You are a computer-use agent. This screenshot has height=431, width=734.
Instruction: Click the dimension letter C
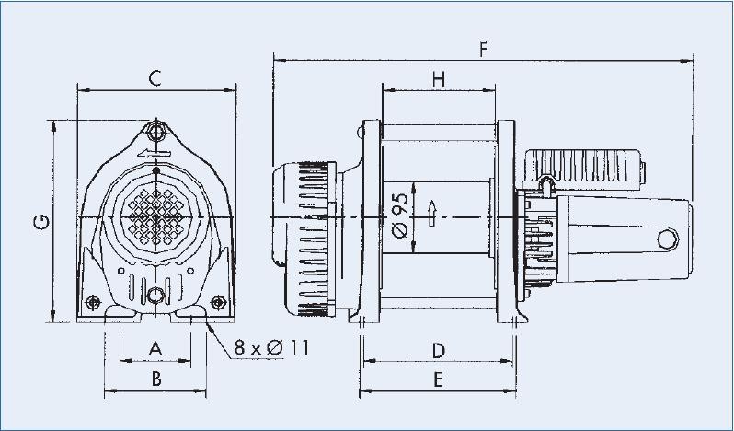155,77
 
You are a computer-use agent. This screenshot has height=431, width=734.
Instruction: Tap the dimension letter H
439,79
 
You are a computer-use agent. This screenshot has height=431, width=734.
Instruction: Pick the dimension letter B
156,378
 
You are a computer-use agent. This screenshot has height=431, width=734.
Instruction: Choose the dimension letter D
439,349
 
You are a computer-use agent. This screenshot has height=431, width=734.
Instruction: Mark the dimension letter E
439,378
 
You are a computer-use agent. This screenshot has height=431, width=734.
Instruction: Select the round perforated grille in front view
157,216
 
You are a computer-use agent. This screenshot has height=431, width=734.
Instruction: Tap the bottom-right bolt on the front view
219,301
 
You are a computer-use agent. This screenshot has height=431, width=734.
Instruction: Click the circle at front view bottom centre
157,296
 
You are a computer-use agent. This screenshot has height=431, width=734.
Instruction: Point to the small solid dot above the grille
157,171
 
